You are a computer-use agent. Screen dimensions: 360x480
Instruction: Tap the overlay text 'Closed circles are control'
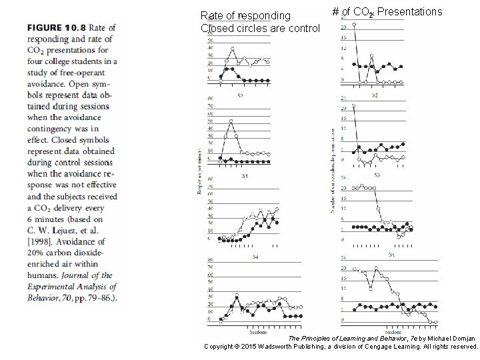(260, 28)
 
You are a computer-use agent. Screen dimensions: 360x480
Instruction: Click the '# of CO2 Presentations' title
(387, 12)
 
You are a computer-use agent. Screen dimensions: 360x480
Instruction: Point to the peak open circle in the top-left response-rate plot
(232, 49)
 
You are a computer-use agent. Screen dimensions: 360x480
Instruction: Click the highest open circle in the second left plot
(231, 121)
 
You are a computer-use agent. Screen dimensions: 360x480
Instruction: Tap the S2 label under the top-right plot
(375, 95)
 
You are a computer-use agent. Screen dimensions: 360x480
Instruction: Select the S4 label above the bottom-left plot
(255, 256)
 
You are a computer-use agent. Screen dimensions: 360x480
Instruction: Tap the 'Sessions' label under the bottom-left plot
(258, 331)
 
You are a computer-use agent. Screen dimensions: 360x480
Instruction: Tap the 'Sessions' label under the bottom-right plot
(393, 331)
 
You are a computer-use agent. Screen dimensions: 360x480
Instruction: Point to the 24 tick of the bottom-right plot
(343, 258)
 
